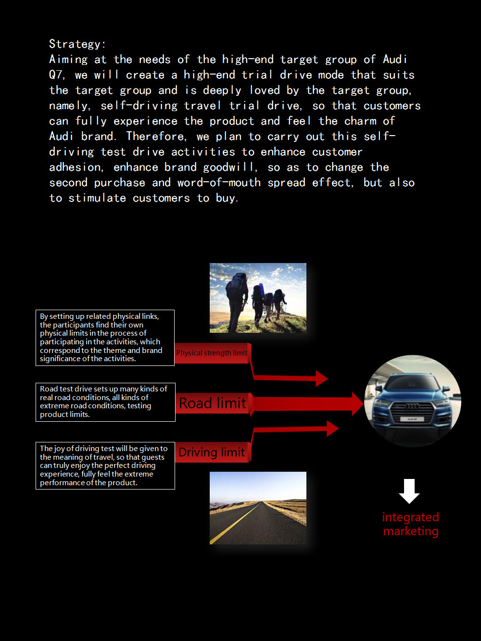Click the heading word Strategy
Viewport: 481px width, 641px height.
[x=76, y=44]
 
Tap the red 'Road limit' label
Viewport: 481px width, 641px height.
[x=212, y=403]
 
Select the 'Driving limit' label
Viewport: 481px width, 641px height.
[x=212, y=452]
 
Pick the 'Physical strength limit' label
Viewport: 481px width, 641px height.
[x=212, y=353]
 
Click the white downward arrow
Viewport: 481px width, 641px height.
[x=409, y=491]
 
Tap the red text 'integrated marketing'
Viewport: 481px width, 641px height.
[x=410, y=524]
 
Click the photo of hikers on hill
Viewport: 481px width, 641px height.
[x=258, y=298]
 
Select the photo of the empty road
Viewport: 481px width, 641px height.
[x=258, y=508]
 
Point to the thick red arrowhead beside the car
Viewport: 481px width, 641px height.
[x=357, y=403]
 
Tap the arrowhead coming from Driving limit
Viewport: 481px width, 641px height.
[x=332, y=428]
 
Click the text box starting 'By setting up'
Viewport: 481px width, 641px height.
[x=105, y=338]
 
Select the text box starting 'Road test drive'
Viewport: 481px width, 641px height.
[x=105, y=402]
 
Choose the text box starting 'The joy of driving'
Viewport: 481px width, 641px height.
[x=105, y=465]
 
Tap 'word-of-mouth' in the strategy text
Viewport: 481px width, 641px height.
[x=219, y=183]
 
